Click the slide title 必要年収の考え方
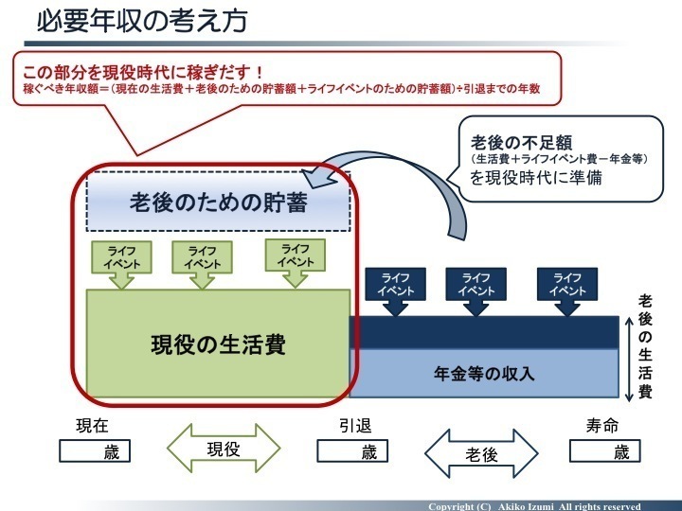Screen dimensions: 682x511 tap(142, 21)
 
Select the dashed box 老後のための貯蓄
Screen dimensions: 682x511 tap(219, 202)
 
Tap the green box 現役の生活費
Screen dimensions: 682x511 tap(219, 344)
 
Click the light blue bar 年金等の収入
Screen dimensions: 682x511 tap(484, 373)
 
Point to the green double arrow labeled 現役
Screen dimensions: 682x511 tap(224, 449)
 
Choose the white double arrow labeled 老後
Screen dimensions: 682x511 tap(481, 453)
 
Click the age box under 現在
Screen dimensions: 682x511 tap(95, 451)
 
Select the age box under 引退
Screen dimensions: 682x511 tap(352, 451)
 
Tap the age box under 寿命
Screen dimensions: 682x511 tap(605, 451)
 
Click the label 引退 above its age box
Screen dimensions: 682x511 tap(355, 426)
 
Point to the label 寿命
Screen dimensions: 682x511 tap(602, 426)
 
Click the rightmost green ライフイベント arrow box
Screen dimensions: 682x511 tap(296, 263)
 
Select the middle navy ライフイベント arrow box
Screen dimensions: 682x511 tap(476, 291)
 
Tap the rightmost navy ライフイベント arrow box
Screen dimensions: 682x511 tap(567, 291)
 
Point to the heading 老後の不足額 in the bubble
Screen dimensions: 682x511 tap(522, 143)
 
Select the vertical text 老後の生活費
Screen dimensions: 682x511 tap(645, 346)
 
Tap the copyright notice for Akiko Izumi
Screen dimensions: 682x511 tap(534, 506)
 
